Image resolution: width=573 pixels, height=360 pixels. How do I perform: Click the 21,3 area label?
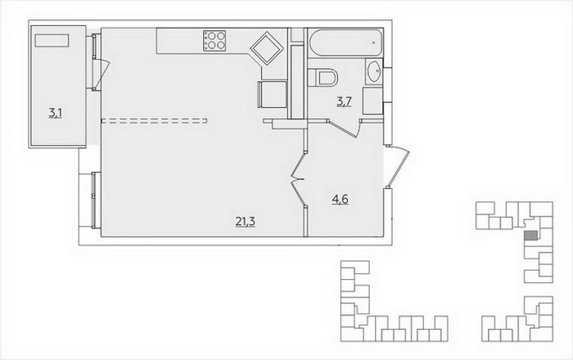click(246, 221)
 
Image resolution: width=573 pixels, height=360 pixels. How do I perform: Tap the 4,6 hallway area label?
click(340, 200)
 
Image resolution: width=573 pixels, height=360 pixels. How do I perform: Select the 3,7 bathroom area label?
click(344, 101)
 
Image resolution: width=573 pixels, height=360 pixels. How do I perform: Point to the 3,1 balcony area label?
click(55, 113)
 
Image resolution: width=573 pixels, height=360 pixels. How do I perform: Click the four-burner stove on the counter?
click(214, 41)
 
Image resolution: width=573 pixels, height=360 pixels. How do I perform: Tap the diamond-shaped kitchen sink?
click(266, 48)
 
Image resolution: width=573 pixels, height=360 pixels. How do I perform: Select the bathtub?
click(345, 43)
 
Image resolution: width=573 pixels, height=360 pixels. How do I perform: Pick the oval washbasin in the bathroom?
click(374, 71)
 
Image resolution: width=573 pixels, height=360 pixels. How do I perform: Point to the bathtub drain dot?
click(373, 43)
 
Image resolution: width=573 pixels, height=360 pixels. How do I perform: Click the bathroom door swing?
click(345, 128)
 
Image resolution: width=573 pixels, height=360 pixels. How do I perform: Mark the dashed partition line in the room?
click(154, 121)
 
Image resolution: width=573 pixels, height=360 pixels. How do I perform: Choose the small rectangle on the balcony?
click(52, 40)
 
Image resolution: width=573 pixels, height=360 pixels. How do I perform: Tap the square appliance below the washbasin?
click(372, 101)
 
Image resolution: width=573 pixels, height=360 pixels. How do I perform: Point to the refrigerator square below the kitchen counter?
click(273, 94)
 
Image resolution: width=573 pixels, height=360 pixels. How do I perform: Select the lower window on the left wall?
click(96, 200)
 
